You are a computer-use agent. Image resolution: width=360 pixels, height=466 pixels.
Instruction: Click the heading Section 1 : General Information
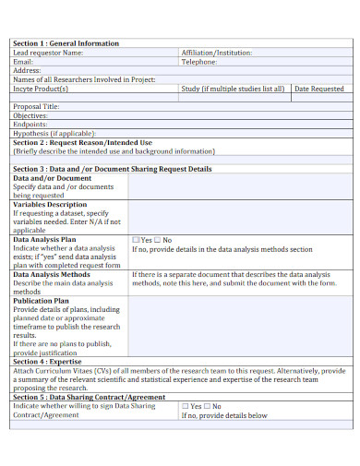point(66,43)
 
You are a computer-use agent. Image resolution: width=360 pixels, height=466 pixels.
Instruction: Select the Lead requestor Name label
point(54,53)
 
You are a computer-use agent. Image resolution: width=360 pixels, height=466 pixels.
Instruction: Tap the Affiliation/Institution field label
point(216,53)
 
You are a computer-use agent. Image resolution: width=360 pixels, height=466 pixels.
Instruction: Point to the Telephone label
point(204,61)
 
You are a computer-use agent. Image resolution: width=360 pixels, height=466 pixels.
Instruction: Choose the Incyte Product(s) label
point(42,89)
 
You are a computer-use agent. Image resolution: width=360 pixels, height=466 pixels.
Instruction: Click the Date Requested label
point(318,89)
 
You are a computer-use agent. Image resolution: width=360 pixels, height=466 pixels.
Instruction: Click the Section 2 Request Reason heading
point(82,142)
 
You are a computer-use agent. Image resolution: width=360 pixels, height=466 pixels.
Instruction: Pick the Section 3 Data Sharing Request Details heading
point(112,169)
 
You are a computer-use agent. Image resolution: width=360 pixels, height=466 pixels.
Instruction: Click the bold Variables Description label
point(50,205)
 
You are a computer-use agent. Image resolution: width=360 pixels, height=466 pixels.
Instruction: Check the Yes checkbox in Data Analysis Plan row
point(137,239)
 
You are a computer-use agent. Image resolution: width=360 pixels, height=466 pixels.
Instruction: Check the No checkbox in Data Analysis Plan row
point(158,239)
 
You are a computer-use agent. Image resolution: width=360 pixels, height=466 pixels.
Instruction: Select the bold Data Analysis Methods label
point(52,274)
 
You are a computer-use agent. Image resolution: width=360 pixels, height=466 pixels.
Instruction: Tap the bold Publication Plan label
point(41,301)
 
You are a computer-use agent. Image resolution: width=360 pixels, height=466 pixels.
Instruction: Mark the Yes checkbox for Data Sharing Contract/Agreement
point(186,406)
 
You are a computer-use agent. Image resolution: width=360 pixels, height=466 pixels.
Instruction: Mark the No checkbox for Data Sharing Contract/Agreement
point(208,406)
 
